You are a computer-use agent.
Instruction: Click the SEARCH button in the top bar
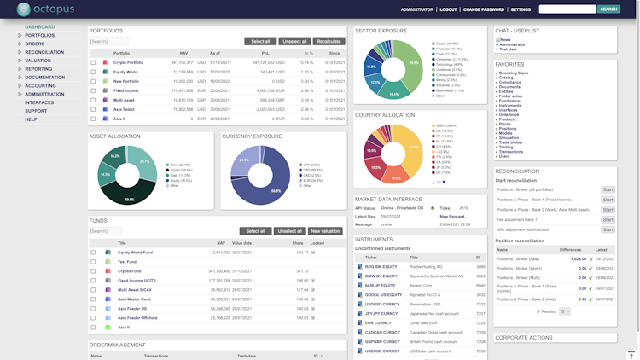tap(608, 9)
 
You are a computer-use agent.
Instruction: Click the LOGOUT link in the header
tap(448, 9)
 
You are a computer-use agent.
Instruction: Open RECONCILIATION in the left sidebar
tap(44, 52)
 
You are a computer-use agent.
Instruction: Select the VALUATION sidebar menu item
tap(38, 61)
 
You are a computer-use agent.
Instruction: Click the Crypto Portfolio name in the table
tap(128, 62)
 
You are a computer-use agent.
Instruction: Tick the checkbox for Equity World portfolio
tap(94, 72)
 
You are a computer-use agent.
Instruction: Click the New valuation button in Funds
tap(325, 230)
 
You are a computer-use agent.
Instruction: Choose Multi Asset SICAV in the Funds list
tap(134, 289)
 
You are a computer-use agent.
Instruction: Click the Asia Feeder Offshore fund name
tap(137, 317)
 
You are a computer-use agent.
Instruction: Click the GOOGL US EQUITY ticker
tap(382, 294)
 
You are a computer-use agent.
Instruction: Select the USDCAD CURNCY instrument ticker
tap(383, 332)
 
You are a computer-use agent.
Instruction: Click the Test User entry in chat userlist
tap(509, 49)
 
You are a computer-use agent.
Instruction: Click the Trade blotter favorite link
tap(512, 142)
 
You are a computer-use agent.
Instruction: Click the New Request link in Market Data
tap(454, 216)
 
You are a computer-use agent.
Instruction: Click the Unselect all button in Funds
tap(290, 230)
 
